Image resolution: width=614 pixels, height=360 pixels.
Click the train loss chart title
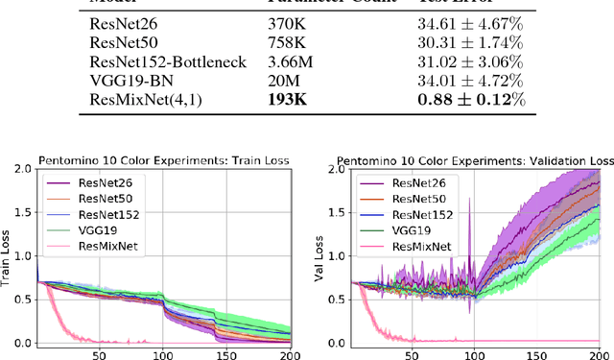coord(163,159)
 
